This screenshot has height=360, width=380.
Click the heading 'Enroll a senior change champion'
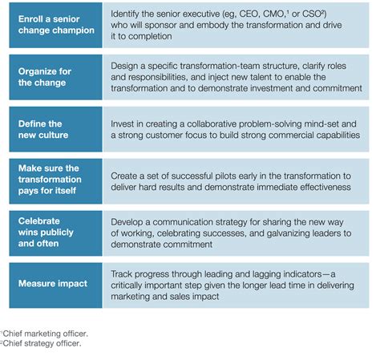[56, 25]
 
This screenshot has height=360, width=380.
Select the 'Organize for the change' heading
[45, 77]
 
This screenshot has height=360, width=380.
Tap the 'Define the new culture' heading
[43, 129]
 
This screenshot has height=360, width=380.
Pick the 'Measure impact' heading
[53, 283]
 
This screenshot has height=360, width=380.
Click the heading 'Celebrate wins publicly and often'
[46, 233]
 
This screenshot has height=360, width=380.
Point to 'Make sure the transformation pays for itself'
[50, 180]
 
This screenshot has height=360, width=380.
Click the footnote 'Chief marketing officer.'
[45, 334]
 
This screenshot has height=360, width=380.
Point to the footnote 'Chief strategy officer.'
[42, 343]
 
